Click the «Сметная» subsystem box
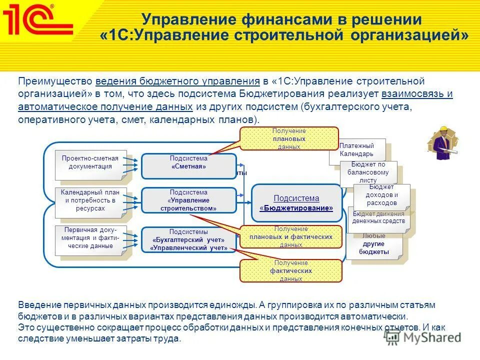(188, 166)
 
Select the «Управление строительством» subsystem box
(188, 200)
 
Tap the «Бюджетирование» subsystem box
(296, 202)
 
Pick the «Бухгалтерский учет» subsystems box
(188, 239)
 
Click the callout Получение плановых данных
(289, 138)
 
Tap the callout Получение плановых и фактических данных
(290, 236)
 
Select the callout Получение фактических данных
(290, 270)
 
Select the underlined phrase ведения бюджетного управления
(177, 81)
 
